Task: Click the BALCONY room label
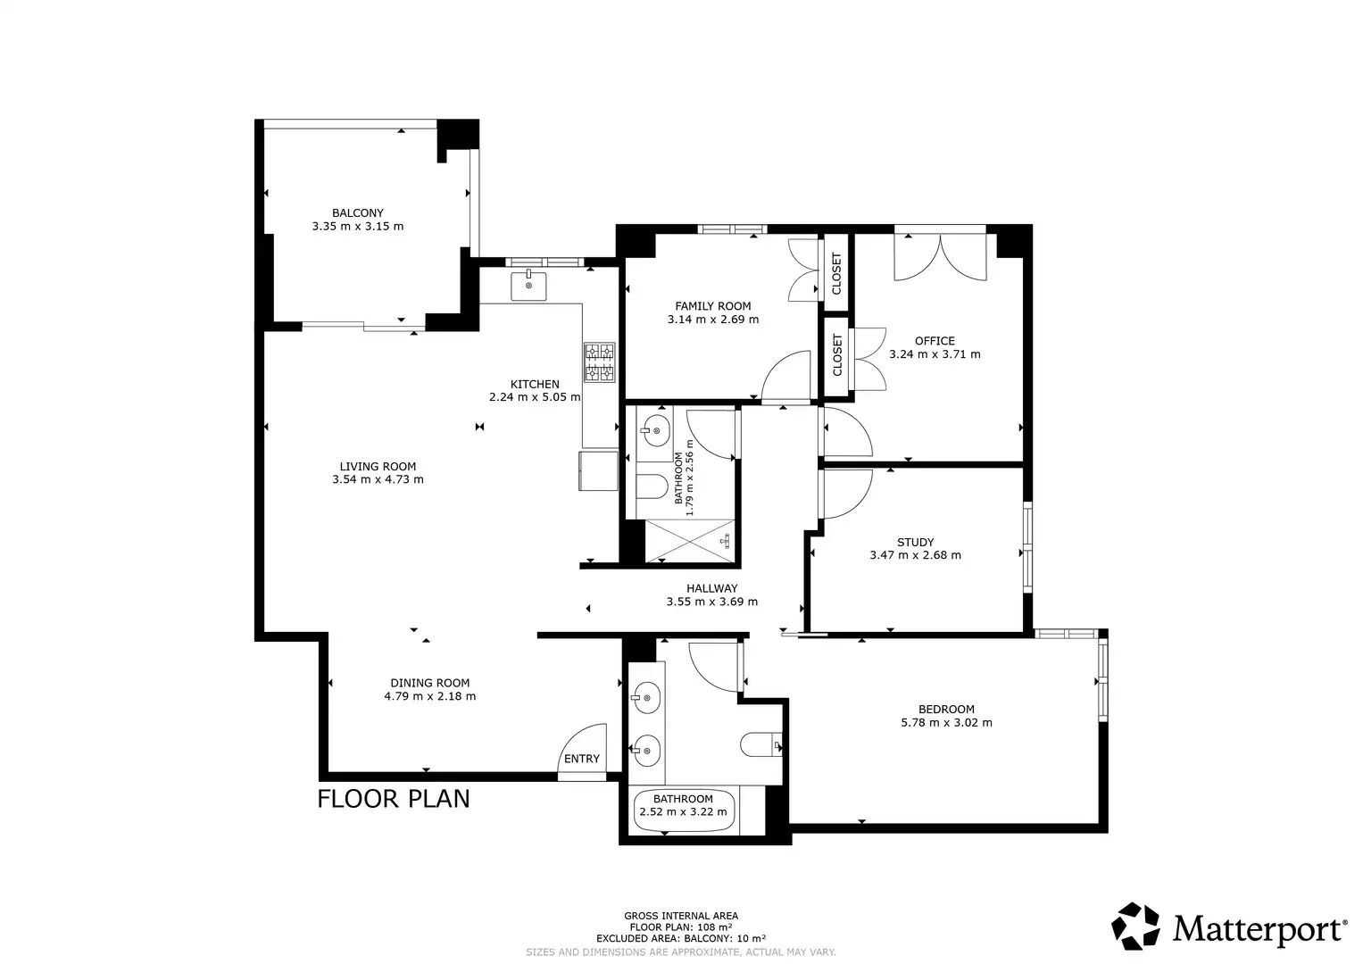tap(358, 213)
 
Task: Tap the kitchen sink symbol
tap(528, 286)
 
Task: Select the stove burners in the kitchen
tap(599, 362)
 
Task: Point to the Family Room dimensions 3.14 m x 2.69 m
tap(713, 320)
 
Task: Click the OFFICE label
tap(935, 341)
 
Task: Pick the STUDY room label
tap(915, 543)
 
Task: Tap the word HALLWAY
tap(712, 588)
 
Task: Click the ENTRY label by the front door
tap(582, 759)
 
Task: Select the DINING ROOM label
tap(429, 684)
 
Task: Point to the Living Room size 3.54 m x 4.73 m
tap(378, 479)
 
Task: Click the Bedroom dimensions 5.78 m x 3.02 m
tap(946, 723)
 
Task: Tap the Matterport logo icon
tap(1135, 926)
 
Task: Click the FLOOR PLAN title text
tap(394, 799)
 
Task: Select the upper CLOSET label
tap(836, 274)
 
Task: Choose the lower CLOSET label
tap(837, 355)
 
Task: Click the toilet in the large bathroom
tap(761, 744)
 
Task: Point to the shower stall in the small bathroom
tap(690, 541)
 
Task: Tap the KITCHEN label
tap(535, 385)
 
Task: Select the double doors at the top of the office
tap(940, 258)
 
